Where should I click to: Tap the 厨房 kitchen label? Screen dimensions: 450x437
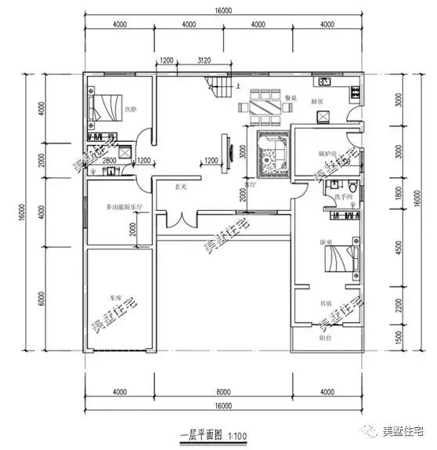coord(318,102)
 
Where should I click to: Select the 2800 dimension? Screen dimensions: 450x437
coord(110,161)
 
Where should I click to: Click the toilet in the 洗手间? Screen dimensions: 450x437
coord(355,188)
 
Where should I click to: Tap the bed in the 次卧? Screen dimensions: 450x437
coord(107,104)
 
